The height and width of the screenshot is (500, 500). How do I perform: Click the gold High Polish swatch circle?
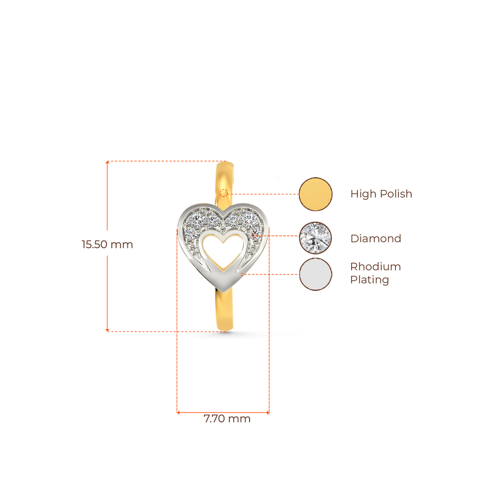click(315, 194)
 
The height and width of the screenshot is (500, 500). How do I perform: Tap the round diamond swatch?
click(315, 238)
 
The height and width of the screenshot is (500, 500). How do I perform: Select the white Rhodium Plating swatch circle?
click(315, 274)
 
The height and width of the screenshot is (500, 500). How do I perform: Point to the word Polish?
click(396, 194)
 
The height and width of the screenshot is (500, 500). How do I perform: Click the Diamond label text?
click(375, 239)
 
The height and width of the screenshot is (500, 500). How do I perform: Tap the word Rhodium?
click(375, 267)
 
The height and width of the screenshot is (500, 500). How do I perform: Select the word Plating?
click(370, 280)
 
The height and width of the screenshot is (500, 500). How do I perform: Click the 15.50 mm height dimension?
click(107, 245)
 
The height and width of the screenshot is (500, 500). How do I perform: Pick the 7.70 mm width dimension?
click(227, 419)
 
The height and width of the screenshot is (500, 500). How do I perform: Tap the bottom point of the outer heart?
click(224, 291)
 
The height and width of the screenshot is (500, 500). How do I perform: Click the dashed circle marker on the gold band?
click(224, 192)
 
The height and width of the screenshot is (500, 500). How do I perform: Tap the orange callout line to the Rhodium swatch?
click(271, 274)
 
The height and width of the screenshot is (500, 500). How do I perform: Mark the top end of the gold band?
click(225, 164)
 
